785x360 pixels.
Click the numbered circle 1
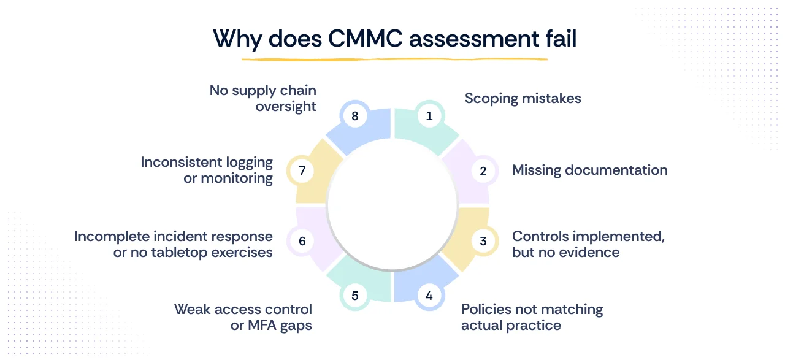(429, 115)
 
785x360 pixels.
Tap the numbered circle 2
(483, 171)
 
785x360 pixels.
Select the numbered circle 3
(483, 241)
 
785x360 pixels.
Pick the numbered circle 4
(429, 296)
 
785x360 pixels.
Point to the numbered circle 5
(354, 296)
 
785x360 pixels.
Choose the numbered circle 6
(302, 241)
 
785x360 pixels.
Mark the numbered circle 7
(302, 171)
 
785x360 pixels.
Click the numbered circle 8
(354, 115)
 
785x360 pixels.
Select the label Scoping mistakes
(523, 98)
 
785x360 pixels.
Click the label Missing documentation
(589, 170)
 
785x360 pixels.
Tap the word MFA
(264, 325)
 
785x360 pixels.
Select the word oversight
(286, 106)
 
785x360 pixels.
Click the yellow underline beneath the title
(394, 59)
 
